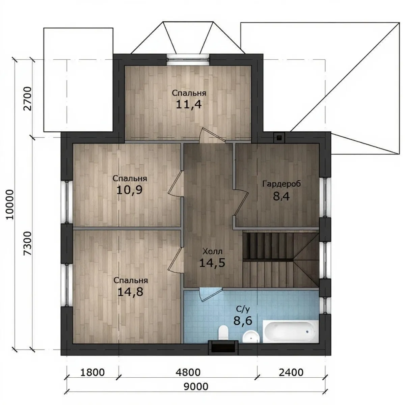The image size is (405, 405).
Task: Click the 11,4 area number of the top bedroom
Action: [189, 104]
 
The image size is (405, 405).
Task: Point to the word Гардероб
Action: [281, 184]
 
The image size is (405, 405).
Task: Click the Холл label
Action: [213, 251]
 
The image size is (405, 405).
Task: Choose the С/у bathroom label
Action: [243, 309]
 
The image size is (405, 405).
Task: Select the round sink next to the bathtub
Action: [251, 337]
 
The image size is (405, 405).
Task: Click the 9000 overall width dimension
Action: [196, 392]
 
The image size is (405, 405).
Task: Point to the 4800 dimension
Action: [188, 372]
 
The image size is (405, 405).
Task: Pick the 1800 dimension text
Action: [92, 372]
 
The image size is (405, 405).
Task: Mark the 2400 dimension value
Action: [291, 372]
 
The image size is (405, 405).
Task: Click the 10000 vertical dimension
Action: [10, 205]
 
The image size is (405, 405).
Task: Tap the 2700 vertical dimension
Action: [28, 99]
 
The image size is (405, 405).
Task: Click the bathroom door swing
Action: [210, 294]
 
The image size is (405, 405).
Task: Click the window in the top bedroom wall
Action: [188, 58]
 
